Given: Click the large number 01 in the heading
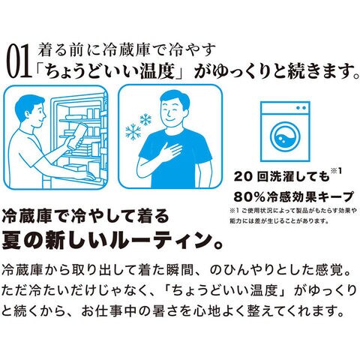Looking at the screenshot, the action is pos(19,61).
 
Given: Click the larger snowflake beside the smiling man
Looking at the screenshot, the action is pos(133,132).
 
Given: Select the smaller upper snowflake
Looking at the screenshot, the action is pos(145,119).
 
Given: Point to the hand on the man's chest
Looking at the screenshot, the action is pos(172,151).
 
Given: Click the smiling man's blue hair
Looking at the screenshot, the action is pos(175,98).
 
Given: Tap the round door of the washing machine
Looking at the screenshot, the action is pos(285,137).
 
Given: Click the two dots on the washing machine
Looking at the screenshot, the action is pos(301,108).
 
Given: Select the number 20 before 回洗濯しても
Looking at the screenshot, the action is pos(242,177).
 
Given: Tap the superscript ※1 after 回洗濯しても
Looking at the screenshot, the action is pos(336,171).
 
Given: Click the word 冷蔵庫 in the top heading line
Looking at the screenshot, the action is pos(127,49).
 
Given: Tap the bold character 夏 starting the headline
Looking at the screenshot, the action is pos(11,239).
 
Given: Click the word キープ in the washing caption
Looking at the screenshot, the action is pos(337,196).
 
